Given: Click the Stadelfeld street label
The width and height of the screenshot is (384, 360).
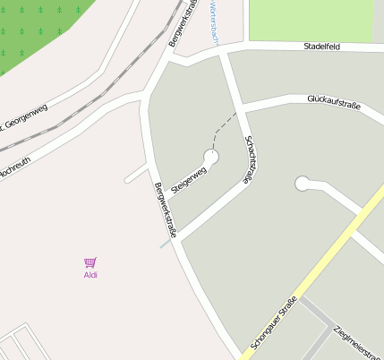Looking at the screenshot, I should (323, 45).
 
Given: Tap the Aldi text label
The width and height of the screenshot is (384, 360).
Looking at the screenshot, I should (90, 275).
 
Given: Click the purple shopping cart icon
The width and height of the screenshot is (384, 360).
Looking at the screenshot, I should (90, 262).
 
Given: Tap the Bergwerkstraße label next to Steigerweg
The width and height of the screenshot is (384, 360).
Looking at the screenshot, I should (166, 210).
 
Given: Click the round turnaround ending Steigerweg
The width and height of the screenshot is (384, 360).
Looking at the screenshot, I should (211, 157).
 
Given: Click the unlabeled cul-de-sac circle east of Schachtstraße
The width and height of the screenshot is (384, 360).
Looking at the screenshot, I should (303, 184).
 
